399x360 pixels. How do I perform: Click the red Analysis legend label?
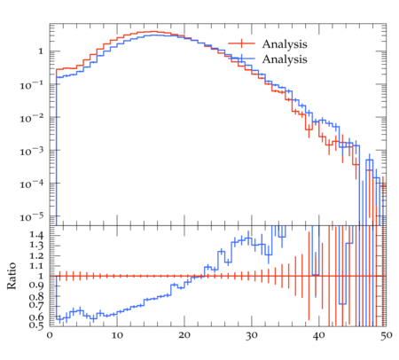click(285, 44)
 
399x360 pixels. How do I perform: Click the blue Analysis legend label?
click(285, 59)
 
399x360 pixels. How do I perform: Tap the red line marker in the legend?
click(241, 43)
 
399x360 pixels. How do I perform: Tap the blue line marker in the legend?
click(241, 59)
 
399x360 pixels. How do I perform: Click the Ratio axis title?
click(12, 276)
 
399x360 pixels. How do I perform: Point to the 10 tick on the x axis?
click(117, 336)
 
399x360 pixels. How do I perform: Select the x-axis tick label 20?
click(184, 336)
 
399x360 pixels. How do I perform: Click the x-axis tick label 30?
click(252, 336)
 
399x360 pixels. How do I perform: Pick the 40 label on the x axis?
click(319, 336)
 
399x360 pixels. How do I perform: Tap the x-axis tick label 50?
click(387, 336)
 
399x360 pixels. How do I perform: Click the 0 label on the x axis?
click(50, 336)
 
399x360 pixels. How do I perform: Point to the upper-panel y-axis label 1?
click(41, 51)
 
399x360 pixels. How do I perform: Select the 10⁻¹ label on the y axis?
click(32, 85)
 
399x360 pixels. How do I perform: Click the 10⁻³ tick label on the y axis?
click(32, 152)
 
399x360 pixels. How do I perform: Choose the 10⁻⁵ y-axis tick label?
click(32, 217)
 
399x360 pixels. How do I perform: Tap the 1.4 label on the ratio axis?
click(36, 236)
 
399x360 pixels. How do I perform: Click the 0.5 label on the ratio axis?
click(36, 326)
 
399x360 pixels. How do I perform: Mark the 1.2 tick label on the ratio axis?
click(36, 255)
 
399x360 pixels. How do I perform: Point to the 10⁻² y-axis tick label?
click(32, 119)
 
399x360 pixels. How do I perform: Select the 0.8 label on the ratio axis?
click(36, 296)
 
